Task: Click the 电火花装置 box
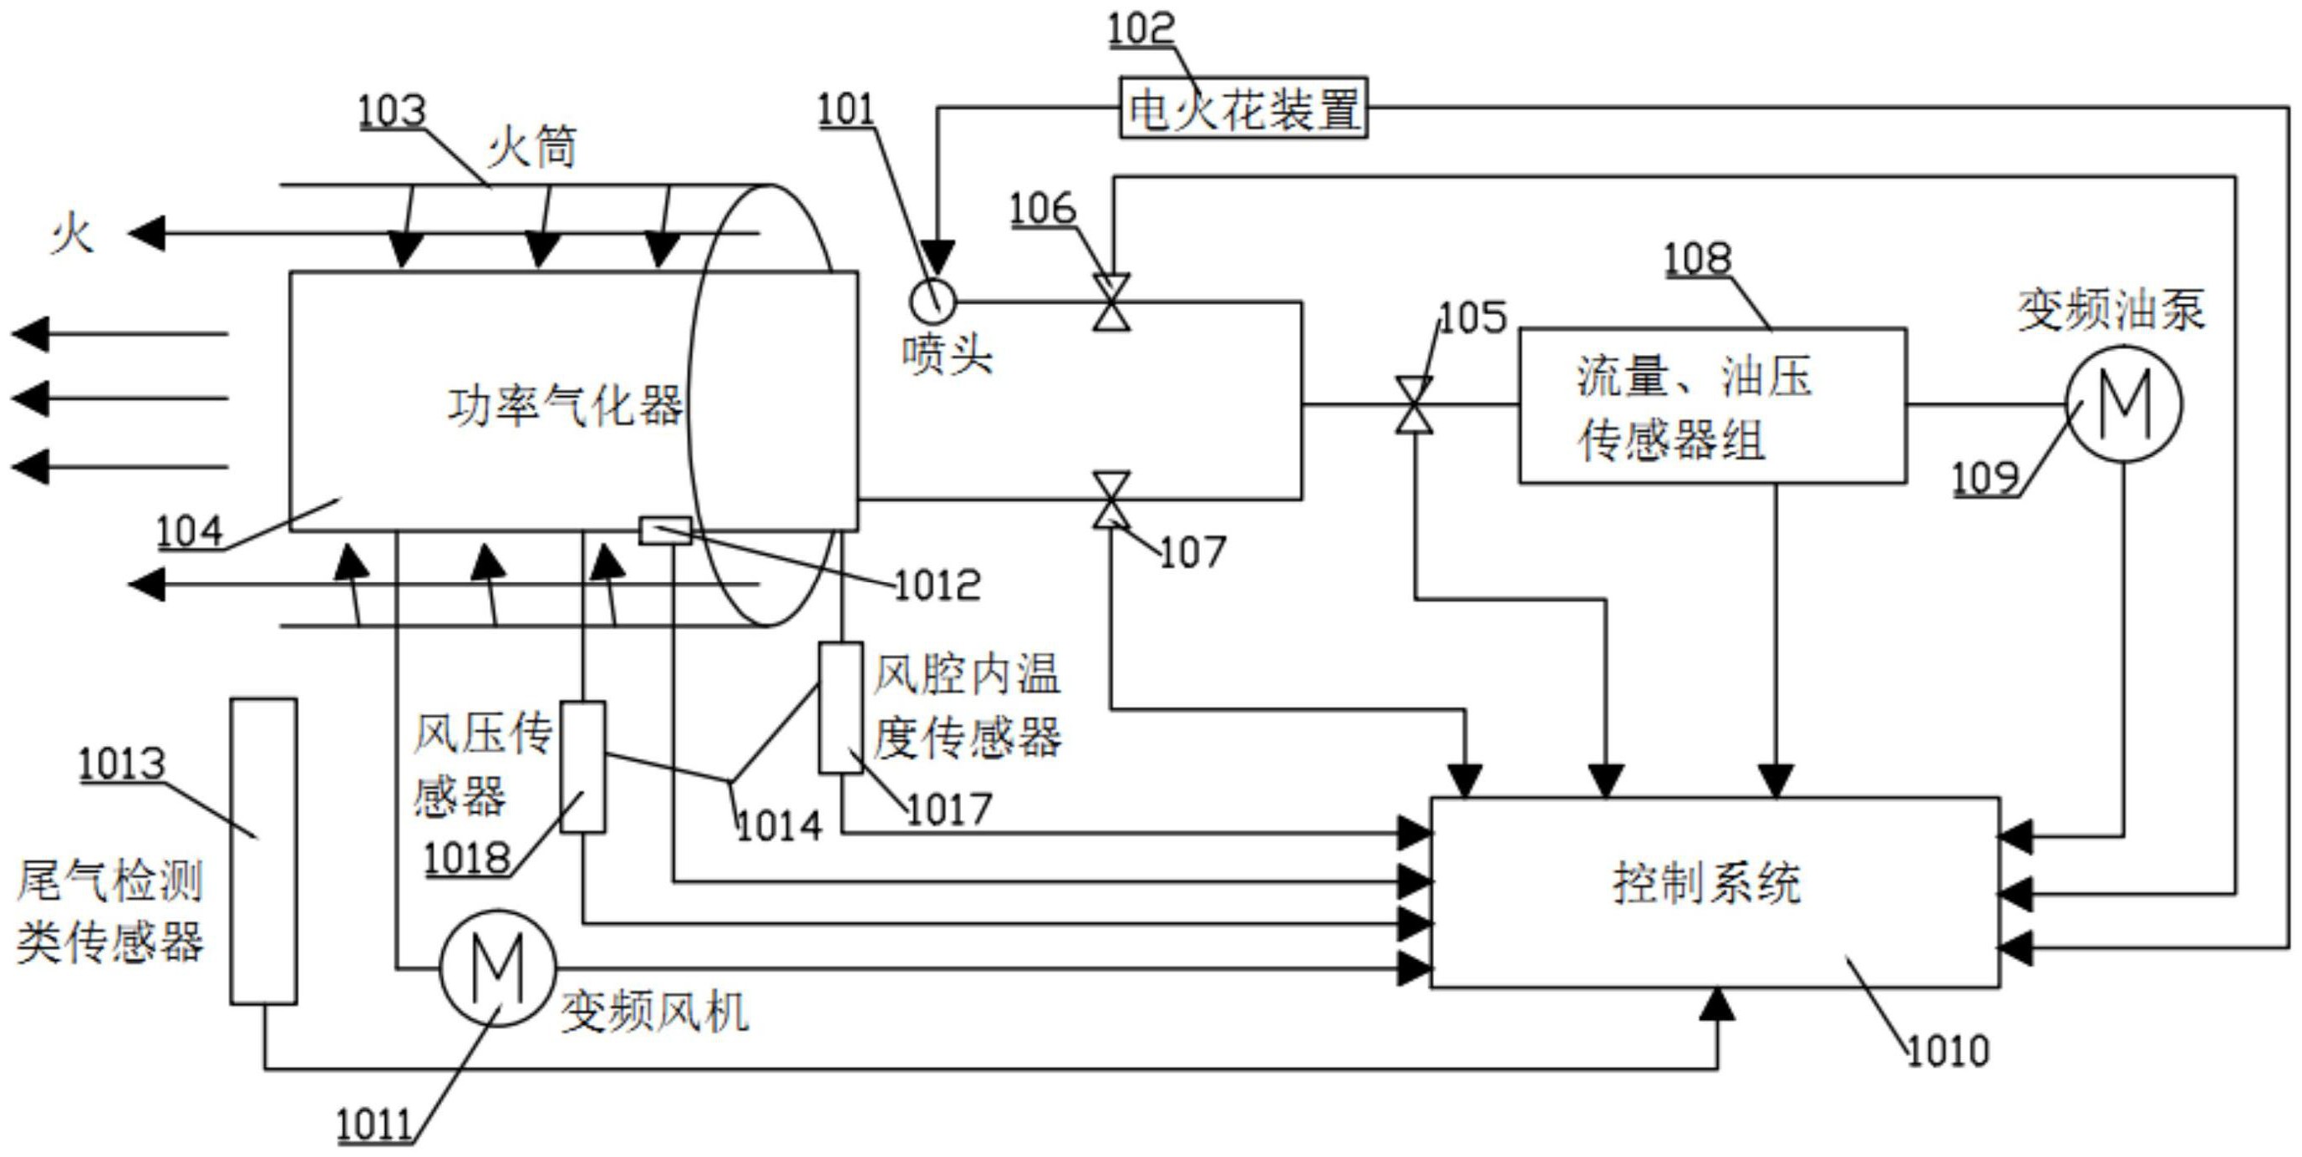[1243, 107]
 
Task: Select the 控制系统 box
[1714, 891]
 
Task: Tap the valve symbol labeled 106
[1110, 302]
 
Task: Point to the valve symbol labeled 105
[1415, 404]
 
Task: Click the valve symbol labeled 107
[1110, 500]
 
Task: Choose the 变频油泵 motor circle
[2123, 403]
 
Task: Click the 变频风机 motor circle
[497, 967]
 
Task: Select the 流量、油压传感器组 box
[1712, 406]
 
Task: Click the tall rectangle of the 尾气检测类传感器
[263, 850]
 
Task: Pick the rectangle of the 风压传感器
[582, 767]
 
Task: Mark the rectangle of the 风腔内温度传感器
[841, 707]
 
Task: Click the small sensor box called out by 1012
[665, 530]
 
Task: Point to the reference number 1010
[1947, 1052]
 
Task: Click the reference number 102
[1141, 28]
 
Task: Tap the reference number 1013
[121, 764]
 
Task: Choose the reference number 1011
[374, 1126]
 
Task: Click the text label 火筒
[532, 146]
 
